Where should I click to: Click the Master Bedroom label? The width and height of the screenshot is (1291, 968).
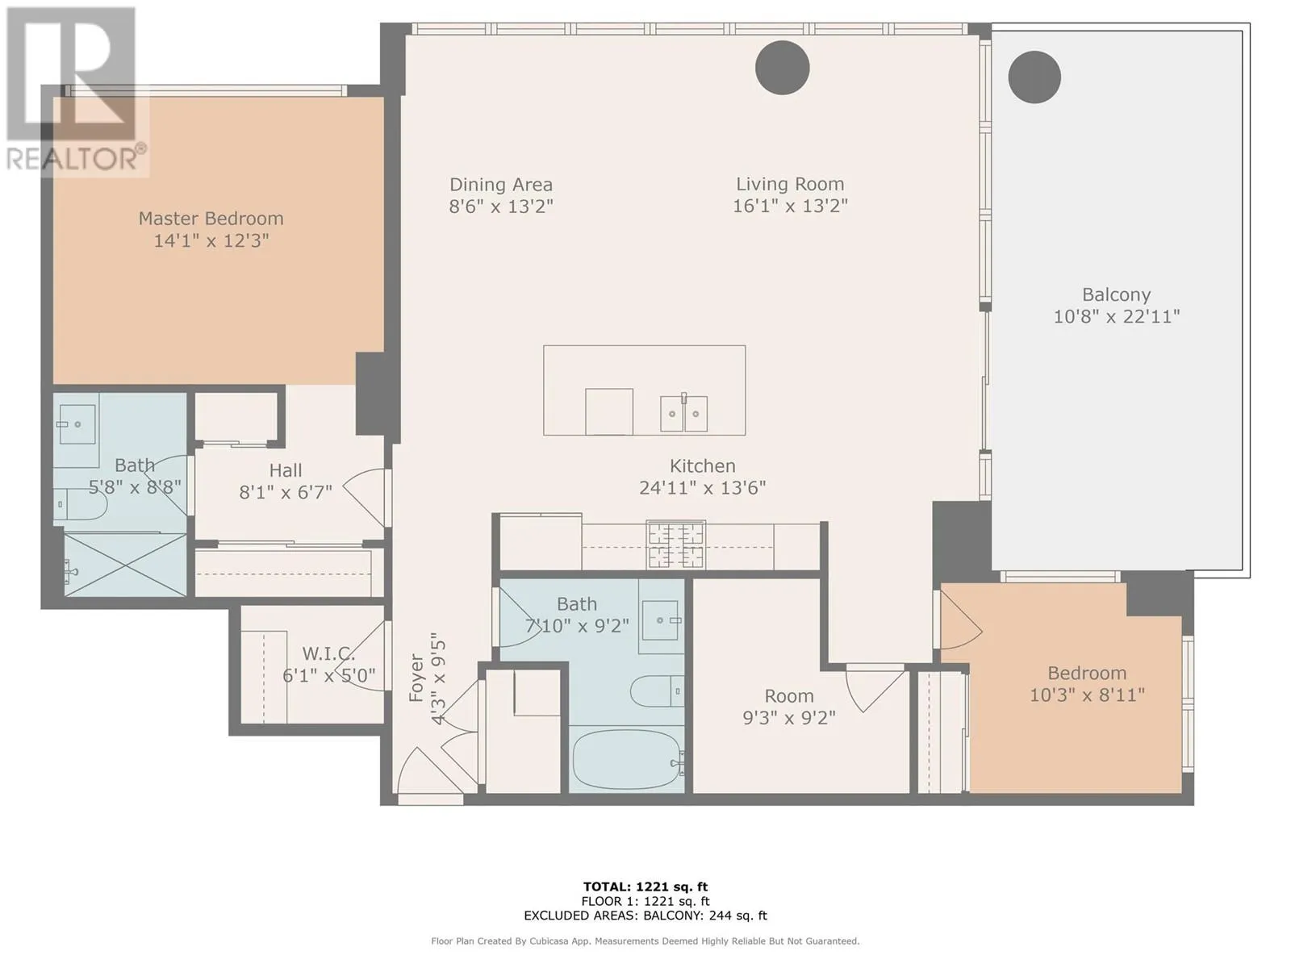pyautogui.click(x=211, y=219)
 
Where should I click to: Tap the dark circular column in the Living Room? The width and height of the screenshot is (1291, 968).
pyautogui.click(x=782, y=68)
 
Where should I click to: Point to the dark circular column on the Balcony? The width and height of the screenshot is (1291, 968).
pyautogui.click(x=1034, y=77)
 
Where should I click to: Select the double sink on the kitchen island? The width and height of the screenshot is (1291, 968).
pyautogui.click(x=683, y=414)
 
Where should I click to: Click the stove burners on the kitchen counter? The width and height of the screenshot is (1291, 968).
pyautogui.click(x=676, y=544)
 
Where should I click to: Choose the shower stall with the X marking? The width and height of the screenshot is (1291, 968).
pyautogui.click(x=125, y=564)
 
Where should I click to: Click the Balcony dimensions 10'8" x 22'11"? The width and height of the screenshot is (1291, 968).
pyautogui.click(x=1117, y=317)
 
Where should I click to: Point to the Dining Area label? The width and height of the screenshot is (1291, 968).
pyautogui.click(x=501, y=185)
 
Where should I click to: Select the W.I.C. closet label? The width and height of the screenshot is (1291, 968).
pyautogui.click(x=328, y=653)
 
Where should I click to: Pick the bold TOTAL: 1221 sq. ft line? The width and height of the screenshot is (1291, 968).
pyautogui.click(x=645, y=887)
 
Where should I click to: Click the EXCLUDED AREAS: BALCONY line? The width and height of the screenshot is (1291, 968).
pyautogui.click(x=645, y=915)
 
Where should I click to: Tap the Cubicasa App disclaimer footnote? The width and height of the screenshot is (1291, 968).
pyautogui.click(x=645, y=941)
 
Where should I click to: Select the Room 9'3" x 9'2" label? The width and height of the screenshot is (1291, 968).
pyautogui.click(x=788, y=707)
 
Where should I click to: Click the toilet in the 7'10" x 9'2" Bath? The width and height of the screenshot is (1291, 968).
pyautogui.click(x=657, y=691)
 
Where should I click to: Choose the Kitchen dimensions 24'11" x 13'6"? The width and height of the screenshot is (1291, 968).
pyautogui.click(x=702, y=488)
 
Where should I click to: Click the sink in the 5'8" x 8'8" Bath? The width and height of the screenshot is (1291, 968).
pyautogui.click(x=77, y=424)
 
